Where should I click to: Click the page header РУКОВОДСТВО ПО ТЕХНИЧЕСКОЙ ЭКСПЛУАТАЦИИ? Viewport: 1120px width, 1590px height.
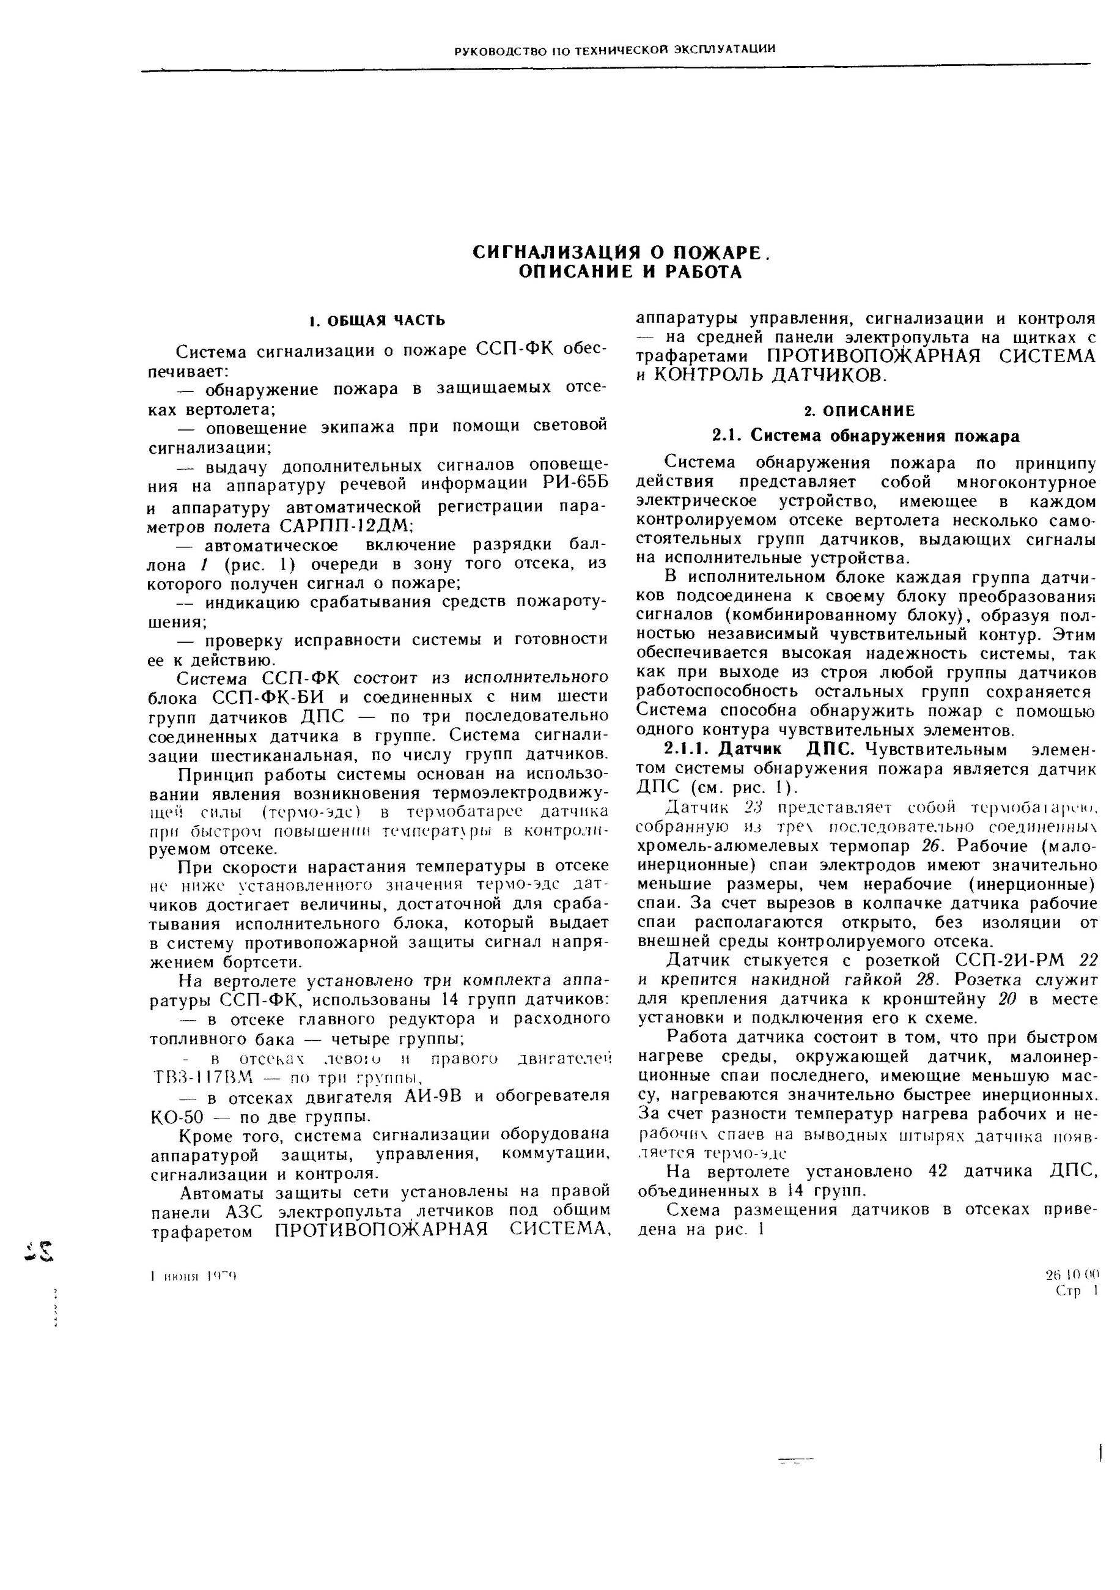tap(614, 49)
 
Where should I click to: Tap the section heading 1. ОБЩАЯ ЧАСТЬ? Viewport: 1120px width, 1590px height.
tap(377, 320)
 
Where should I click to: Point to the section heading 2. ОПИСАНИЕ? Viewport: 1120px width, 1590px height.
tap(859, 412)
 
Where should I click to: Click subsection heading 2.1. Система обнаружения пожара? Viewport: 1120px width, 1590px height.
tap(866, 436)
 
